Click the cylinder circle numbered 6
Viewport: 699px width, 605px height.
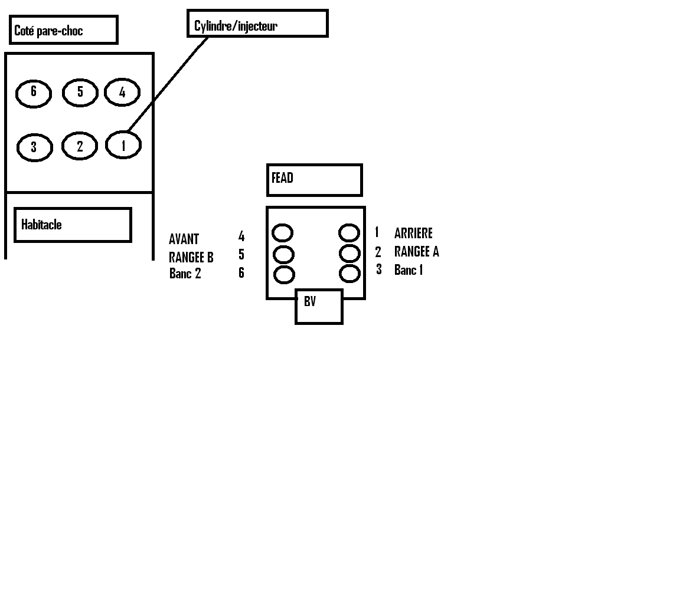click(34, 93)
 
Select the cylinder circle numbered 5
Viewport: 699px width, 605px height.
click(80, 92)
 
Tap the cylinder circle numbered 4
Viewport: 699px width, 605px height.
click(122, 92)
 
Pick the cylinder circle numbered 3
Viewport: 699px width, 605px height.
click(34, 147)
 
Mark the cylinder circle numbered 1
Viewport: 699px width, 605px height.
click(123, 145)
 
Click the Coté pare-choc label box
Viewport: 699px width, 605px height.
click(64, 30)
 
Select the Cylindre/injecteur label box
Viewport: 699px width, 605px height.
click(257, 24)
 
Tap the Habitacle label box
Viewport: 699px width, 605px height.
click(72, 225)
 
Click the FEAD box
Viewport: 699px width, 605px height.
click(314, 180)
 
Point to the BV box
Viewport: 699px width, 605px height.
click(319, 306)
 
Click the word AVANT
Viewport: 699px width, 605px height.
click(184, 239)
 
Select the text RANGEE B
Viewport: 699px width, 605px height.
click(191, 258)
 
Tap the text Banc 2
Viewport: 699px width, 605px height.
click(185, 274)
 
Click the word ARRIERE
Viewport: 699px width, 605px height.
click(413, 234)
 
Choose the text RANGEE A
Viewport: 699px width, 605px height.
click(417, 252)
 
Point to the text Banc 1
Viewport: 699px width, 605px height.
click(409, 270)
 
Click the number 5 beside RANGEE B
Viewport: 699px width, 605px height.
click(241, 255)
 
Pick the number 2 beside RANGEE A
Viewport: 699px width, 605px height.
click(378, 252)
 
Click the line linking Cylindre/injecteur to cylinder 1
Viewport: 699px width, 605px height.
click(168, 84)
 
